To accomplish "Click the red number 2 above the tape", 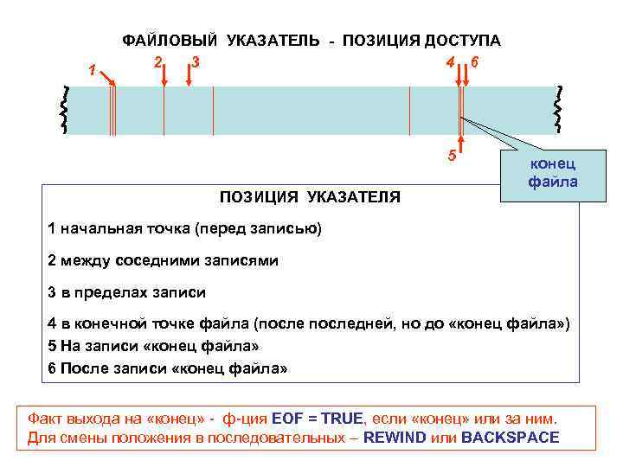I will click(x=157, y=62).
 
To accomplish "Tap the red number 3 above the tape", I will click(x=196, y=62).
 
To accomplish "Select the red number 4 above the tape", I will click(x=448, y=63).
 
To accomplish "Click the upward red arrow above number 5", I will click(x=461, y=144).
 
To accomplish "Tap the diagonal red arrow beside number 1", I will click(x=107, y=79).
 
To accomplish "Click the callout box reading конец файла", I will click(x=552, y=173).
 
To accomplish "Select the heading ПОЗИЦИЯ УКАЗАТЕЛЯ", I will click(x=310, y=196).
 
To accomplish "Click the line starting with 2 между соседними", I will click(x=164, y=260).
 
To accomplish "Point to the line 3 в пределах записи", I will click(x=127, y=291).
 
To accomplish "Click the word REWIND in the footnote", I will click(x=395, y=438).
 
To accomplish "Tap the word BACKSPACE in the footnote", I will click(x=510, y=438).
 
